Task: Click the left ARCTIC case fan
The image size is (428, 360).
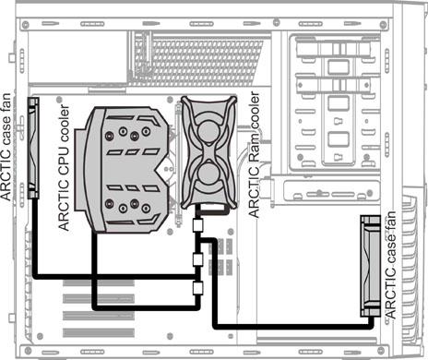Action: pos(33,148)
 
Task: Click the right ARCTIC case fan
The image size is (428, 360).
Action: pos(370,266)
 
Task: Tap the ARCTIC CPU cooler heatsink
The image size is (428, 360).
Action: pos(123,170)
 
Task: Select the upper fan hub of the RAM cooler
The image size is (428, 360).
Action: pos(208,131)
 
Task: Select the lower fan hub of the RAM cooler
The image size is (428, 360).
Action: pos(208,174)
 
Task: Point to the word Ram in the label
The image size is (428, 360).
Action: pos(255,146)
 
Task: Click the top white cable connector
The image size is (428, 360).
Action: pos(197,225)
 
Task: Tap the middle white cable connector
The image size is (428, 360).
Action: pos(197,260)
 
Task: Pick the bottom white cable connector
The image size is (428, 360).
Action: pos(197,288)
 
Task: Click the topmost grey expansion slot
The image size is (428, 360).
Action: pos(99,282)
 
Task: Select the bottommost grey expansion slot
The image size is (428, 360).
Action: pos(99,332)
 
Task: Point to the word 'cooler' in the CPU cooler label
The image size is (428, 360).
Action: pos(64,123)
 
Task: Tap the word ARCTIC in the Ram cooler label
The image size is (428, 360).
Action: pos(255,191)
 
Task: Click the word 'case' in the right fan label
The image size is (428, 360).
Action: pos(390,251)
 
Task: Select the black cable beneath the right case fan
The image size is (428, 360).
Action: pos(293,327)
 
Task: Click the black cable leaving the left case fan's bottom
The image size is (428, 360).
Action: pos(35,238)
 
